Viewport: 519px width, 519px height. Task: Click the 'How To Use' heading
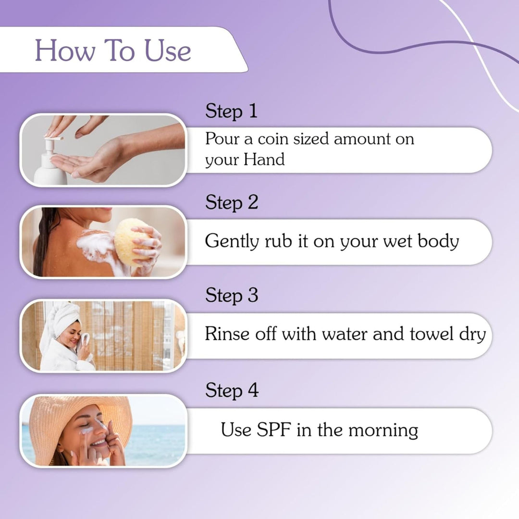pos(113,51)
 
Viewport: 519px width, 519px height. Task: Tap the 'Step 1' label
pos(231,111)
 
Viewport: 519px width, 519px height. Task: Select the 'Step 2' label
pos(232,202)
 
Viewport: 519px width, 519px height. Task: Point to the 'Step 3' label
pos(232,295)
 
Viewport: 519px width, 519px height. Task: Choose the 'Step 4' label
pos(232,390)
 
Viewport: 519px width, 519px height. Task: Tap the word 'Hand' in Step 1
pos(264,160)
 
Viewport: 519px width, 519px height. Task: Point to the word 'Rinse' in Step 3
pos(225,334)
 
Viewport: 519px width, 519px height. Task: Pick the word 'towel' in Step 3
pos(432,334)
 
